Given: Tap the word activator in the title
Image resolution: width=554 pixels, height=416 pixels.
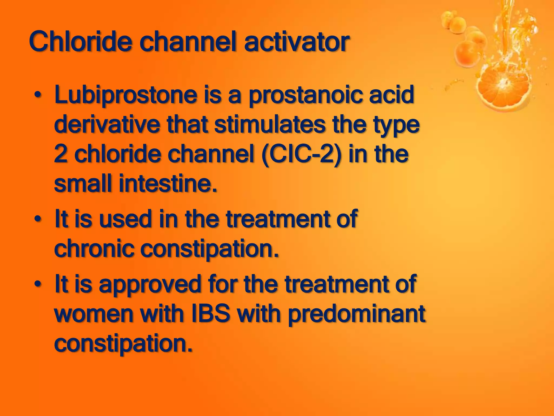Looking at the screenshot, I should (x=296, y=42).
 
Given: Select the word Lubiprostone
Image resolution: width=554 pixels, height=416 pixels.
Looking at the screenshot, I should (x=126, y=95).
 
